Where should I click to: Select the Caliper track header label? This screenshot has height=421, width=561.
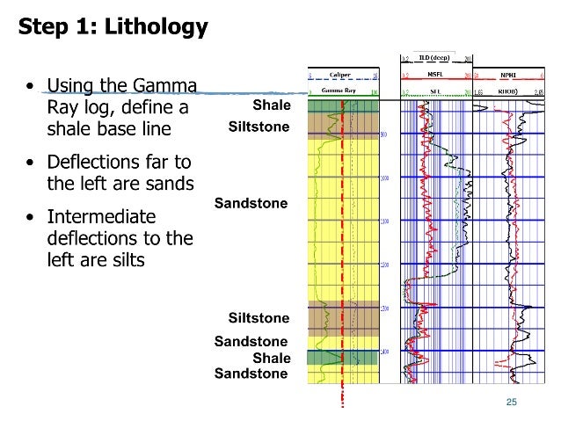[342, 76]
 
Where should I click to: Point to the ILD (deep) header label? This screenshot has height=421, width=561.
[434, 59]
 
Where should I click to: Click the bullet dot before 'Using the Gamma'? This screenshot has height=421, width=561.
[32, 87]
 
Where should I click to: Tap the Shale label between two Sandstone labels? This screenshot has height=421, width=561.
[272, 358]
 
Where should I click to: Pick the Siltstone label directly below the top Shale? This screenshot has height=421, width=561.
[259, 127]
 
